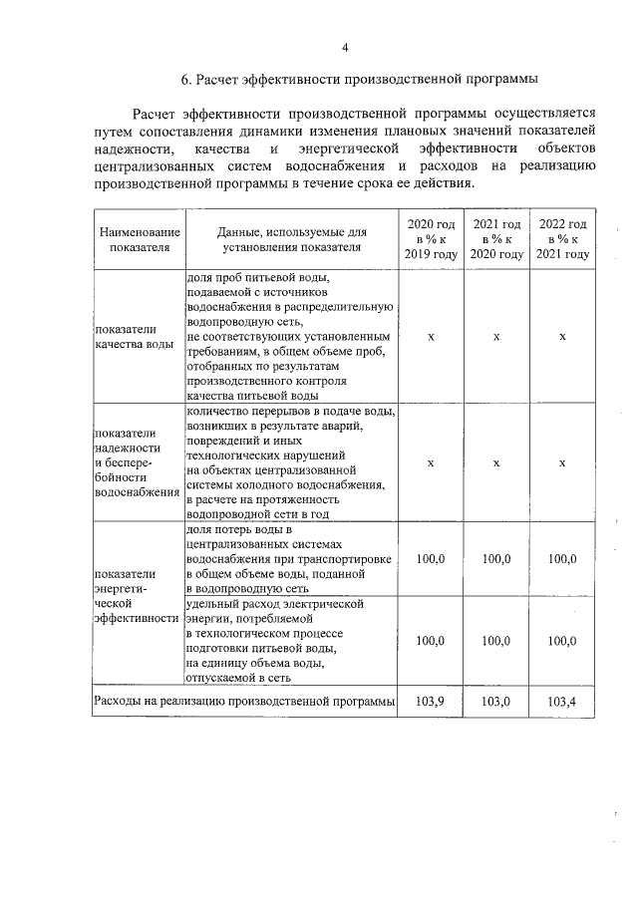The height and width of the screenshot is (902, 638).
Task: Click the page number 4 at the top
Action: tap(345, 47)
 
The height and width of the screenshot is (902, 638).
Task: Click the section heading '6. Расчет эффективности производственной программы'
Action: tap(345, 79)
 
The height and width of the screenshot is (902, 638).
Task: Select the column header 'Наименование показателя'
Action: tap(140, 239)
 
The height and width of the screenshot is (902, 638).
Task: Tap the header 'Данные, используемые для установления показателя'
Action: tap(291, 239)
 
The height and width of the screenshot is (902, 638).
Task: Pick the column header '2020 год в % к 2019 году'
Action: tap(431, 239)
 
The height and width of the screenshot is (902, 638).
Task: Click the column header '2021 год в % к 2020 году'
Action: tap(496, 239)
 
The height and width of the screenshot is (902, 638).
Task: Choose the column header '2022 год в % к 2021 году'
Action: tap(562, 239)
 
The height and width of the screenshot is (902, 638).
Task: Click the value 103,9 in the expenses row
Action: tap(431, 702)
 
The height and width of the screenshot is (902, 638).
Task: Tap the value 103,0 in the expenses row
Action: tap(496, 702)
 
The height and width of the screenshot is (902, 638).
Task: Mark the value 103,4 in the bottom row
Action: tap(562, 702)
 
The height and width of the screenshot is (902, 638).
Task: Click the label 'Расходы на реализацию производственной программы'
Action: tap(244, 702)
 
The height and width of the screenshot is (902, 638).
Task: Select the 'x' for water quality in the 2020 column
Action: tap(431, 337)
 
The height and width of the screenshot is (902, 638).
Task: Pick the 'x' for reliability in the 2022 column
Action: tap(562, 462)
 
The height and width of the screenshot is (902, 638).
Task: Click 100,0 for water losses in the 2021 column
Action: tap(496, 559)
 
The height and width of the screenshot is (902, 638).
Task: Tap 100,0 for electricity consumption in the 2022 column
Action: tap(562, 641)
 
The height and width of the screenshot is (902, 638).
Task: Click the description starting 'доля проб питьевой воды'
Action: tap(291, 337)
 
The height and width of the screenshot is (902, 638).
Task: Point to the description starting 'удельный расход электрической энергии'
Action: tap(284, 641)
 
